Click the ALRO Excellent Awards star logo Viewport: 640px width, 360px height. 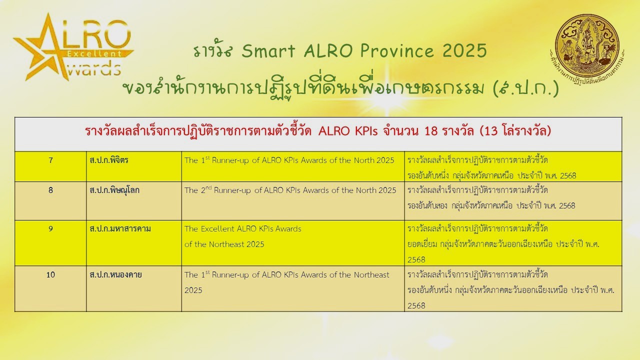(x=73, y=47)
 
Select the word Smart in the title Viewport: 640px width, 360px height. (x=268, y=51)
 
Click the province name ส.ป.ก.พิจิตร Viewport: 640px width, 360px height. (x=109, y=160)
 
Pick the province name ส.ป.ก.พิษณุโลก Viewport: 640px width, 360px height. (x=114, y=190)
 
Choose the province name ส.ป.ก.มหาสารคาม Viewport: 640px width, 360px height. (x=120, y=229)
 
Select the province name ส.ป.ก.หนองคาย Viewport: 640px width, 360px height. (x=115, y=275)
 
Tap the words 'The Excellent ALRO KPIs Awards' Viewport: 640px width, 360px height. (x=243, y=229)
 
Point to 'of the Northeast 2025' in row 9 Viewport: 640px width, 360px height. (x=224, y=244)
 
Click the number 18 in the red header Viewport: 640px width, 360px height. (x=431, y=131)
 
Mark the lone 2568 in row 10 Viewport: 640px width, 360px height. (x=416, y=305)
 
